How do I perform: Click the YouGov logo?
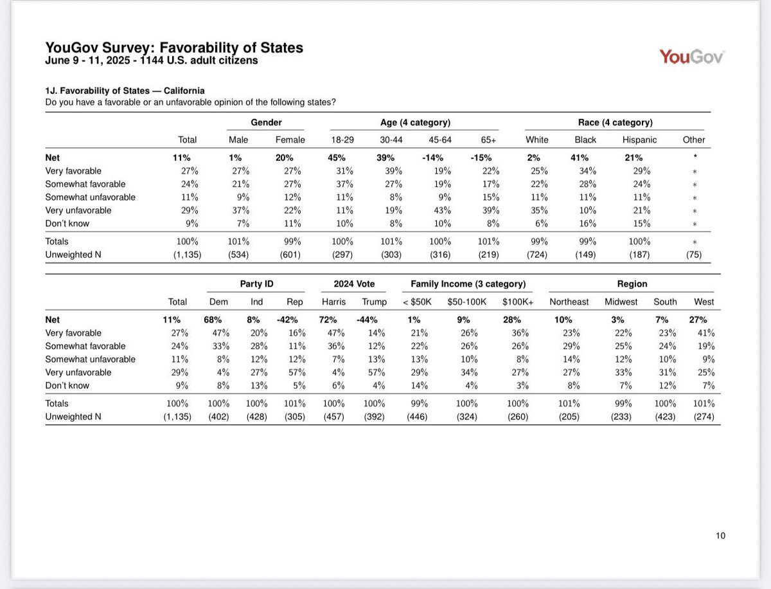[x=691, y=57]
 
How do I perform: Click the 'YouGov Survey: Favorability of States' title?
[x=174, y=48]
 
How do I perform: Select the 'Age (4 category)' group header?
[x=415, y=122]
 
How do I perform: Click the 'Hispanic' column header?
[x=640, y=140]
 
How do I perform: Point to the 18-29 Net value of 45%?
[x=338, y=158]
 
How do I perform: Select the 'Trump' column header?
[x=375, y=302]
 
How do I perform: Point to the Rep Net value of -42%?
[x=292, y=320]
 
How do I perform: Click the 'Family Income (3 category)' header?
[x=469, y=284]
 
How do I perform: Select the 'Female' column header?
[x=290, y=140]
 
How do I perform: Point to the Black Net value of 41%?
[x=585, y=158]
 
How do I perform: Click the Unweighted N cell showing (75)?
[x=694, y=254]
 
